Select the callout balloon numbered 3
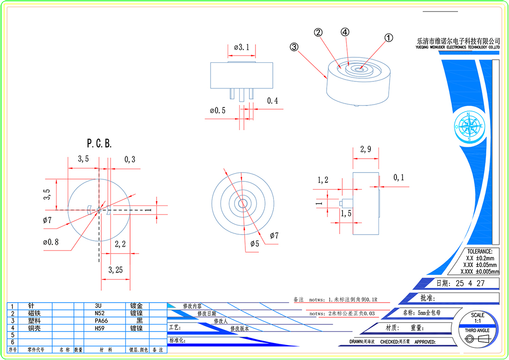pyautogui.click(x=294, y=47)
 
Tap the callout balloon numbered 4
pyautogui.click(x=345, y=32)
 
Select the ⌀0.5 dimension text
pyautogui.click(x=217, y=111)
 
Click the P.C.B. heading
pyautogui.click(x=99, y=143)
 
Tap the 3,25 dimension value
pyautogui.click(x=115, y=270)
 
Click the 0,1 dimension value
pyautogui.click(x=398, y=178)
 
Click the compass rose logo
pyautogui.click(x=469, y=126)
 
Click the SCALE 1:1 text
pyautogui.click(x=477, y=318)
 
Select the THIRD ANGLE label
pyautogui.click(x=477, y=330)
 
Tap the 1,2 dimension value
pyautogui.click(x=323, y=180)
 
